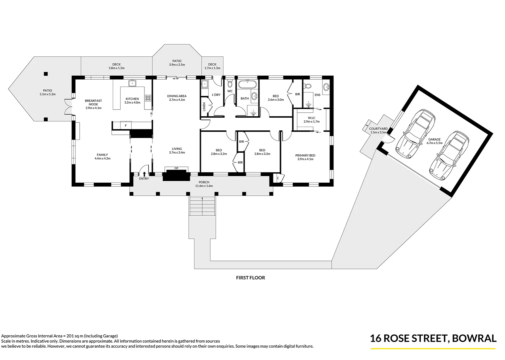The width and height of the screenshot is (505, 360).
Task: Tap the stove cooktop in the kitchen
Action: (148, 98)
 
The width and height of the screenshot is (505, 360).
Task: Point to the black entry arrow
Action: (144, 174)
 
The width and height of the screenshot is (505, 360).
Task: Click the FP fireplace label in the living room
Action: (176, 169)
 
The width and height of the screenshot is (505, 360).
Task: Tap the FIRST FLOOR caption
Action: (250, 277)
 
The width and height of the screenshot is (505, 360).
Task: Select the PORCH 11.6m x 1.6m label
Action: (204, 184)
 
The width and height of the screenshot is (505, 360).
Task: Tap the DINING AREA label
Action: (177, 98)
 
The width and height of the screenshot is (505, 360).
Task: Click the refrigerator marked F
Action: (125, 125)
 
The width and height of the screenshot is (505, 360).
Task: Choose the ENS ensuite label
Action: (317, 95)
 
